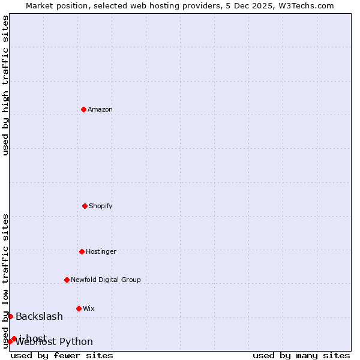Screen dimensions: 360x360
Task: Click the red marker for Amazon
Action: point(84,109)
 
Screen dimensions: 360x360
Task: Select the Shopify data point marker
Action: point(85,206)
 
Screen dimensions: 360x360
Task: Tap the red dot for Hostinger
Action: point(82,251)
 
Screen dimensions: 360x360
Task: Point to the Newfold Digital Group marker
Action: point(67,280)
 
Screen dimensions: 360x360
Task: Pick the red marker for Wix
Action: point(79,308)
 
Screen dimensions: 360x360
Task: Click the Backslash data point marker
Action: point(10,316)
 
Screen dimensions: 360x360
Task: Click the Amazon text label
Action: point(100,109)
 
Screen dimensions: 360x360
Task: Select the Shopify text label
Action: point(101,206)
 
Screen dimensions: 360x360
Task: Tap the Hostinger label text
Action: point(101,251)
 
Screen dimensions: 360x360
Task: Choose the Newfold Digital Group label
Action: point(106,280)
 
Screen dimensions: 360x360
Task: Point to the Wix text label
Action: point(89,308)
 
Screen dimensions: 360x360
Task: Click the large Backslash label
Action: point(39,316)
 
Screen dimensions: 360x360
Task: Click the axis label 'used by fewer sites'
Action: point(62,355)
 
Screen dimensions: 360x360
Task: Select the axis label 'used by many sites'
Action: point(301,355)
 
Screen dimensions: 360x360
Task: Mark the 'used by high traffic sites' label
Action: point(5,85)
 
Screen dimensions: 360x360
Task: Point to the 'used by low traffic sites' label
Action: point(5,281)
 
